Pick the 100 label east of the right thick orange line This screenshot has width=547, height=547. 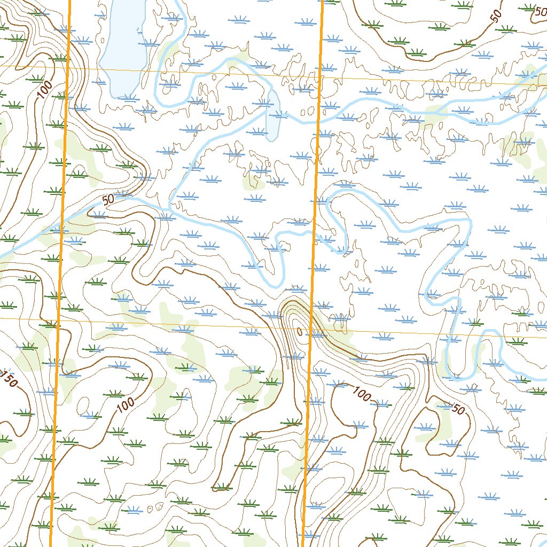pos(362,395)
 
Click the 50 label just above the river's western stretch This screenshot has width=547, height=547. pos(108,200)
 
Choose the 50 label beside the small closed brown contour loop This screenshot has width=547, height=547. pos(458,410)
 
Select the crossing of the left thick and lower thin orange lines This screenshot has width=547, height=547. pos(58,318)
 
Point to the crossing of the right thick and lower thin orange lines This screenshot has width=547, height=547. pos(311,330)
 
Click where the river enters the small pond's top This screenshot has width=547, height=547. pos(271,92)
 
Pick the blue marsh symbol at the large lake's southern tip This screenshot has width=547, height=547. pos(128,97)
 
